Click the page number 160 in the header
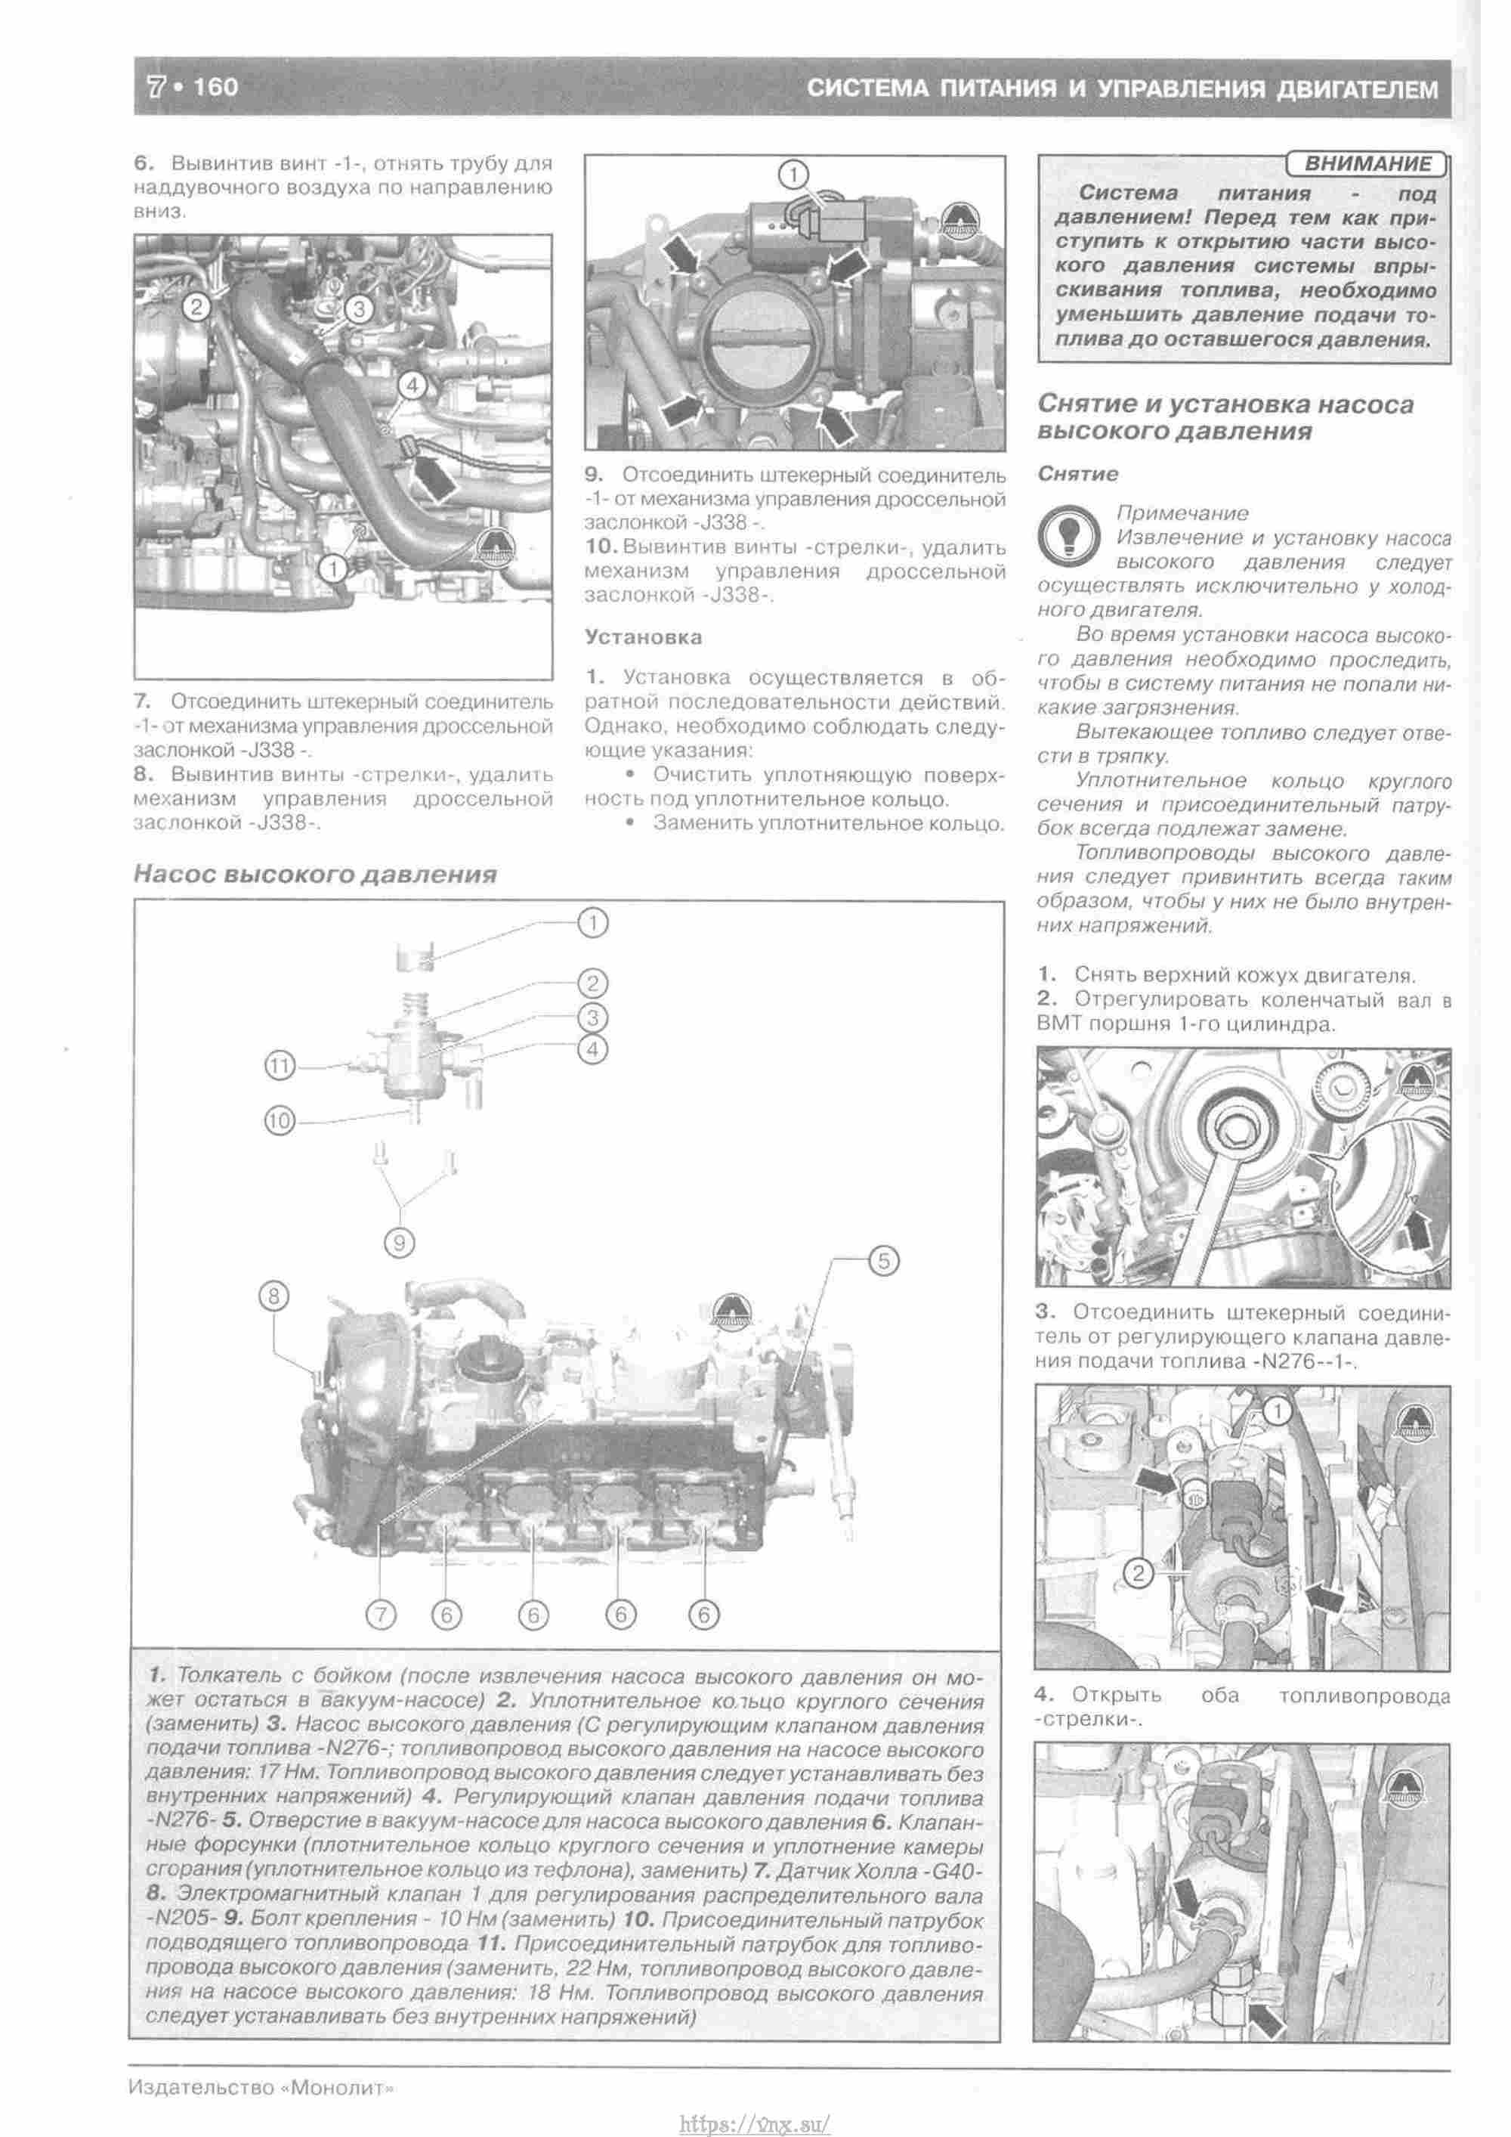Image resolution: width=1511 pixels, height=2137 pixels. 216,88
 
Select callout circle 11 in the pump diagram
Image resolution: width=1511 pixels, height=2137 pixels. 280,1067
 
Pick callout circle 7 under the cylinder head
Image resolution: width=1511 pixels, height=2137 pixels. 382,1614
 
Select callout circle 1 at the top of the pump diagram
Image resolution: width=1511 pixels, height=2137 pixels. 592,923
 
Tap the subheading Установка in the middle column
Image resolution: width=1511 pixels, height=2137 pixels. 643,637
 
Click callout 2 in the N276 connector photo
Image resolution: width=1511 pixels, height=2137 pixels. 1140,1573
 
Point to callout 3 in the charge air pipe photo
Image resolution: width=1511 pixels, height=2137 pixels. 359,308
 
